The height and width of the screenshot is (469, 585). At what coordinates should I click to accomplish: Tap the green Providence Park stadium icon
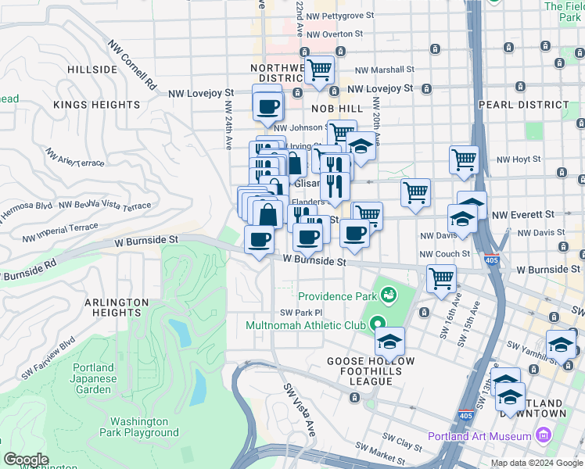pos(387,295)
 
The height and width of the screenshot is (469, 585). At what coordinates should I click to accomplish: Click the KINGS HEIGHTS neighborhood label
pos(97,104)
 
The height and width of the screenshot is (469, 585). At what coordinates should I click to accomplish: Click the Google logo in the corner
pos(26,460)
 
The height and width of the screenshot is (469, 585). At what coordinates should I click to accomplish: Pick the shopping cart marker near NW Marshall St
pos(318,70)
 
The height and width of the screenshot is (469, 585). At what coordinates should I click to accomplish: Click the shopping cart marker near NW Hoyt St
pos(464,159)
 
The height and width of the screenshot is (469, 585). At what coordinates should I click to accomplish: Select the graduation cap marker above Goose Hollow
pos(389,341)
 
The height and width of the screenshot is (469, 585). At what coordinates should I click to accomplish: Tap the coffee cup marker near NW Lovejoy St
pos(267,105)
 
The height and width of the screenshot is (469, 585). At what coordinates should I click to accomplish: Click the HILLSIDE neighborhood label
pos(92,69)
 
